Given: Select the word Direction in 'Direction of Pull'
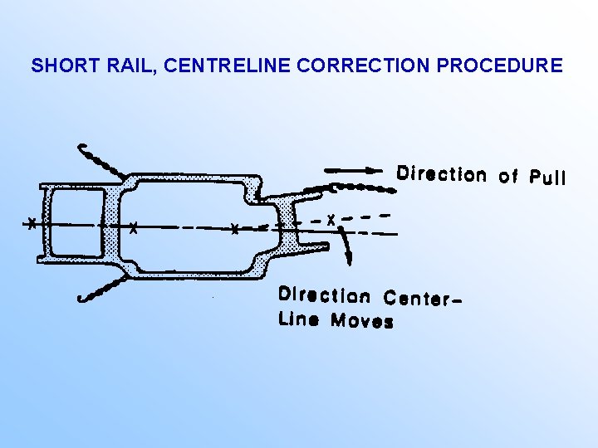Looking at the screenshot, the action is (442, 174).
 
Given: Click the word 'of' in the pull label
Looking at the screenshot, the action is (507, 176).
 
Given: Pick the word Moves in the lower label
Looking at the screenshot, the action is (362, 320).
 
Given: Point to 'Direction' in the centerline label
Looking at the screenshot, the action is (325, 295).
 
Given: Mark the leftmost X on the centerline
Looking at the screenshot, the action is (31, 223).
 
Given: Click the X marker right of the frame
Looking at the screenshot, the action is (331, 221).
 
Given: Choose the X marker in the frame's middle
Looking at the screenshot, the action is (235, 229).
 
